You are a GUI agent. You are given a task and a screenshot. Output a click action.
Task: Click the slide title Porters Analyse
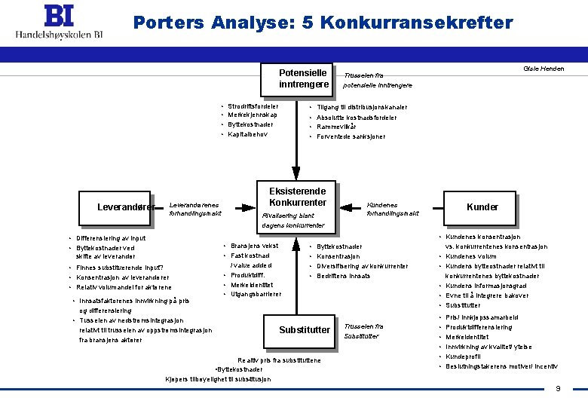[323, 23]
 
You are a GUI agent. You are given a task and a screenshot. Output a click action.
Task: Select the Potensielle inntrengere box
[302, 78]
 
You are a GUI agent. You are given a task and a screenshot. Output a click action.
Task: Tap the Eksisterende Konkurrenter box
[297, 198]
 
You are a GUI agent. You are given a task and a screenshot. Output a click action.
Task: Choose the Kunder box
[482, 207]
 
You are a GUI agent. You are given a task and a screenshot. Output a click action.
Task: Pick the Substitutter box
[304, 330]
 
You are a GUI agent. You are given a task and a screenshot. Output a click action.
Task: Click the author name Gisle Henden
[543, 69]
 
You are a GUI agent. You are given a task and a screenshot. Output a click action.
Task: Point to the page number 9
[558, 389]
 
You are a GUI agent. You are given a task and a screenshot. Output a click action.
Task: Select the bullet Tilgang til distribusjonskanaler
[363, 107]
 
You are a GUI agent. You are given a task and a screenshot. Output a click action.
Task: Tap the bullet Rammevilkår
[337, 127]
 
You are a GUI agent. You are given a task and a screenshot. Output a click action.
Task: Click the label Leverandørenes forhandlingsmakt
[194, 208]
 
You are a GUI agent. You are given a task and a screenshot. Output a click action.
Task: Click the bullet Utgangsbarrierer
[256, 294]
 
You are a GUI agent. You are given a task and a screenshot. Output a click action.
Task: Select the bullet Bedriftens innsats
[344, 276]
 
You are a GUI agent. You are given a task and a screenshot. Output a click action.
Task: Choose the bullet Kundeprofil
[464, 357]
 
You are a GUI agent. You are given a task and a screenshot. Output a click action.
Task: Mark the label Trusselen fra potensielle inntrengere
[377, 81]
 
